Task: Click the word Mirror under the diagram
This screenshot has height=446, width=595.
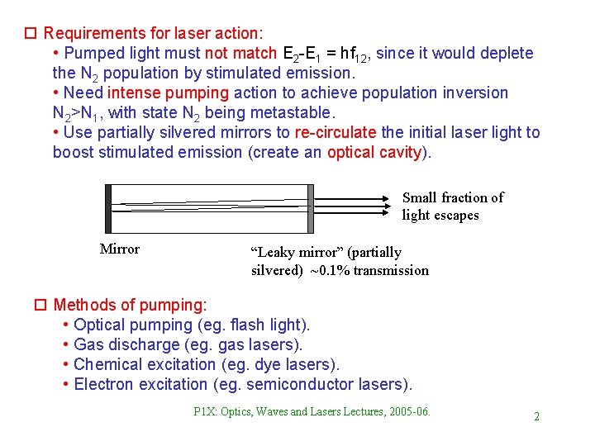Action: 120,249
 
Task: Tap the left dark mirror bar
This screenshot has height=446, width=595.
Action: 108,208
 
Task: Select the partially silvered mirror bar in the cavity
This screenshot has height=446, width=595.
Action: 310,208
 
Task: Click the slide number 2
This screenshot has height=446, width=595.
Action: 536,416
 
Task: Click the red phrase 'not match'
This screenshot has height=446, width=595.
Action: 241,54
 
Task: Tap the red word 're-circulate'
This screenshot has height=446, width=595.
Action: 336,132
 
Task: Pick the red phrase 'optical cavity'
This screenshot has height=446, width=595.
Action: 375,152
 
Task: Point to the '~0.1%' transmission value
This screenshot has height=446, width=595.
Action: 329,270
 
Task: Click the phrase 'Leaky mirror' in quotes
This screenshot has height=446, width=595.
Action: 291,252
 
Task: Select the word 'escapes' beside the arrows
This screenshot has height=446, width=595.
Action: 453,216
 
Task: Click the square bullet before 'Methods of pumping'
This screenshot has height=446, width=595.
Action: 37,305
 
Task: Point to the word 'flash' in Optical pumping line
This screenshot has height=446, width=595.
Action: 247,325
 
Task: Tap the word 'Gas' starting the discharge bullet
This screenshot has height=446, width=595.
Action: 86,344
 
